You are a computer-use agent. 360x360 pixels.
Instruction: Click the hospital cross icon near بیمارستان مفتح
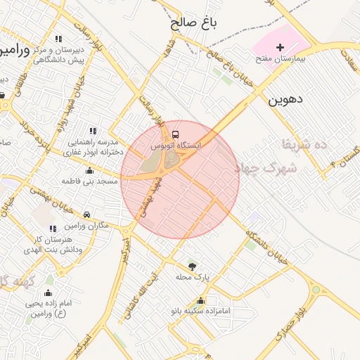pos(281,47)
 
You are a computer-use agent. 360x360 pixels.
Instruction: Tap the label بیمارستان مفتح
pos(281,60)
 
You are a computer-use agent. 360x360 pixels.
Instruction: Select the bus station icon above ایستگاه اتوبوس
pos(175,134)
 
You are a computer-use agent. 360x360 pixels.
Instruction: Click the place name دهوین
pos(285,100)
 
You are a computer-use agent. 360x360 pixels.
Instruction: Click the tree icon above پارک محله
pos(193,266)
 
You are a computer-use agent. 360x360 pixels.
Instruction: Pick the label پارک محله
pos(193,277)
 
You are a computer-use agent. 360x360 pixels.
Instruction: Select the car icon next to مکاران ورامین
pos(86,214)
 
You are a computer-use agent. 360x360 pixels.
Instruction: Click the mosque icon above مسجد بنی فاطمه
pos(89,170)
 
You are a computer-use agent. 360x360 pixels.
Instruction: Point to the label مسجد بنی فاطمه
pos(89,181)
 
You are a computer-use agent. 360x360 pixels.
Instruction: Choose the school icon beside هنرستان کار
pos(53,229)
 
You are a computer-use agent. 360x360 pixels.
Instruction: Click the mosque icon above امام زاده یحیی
pos(49,292)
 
